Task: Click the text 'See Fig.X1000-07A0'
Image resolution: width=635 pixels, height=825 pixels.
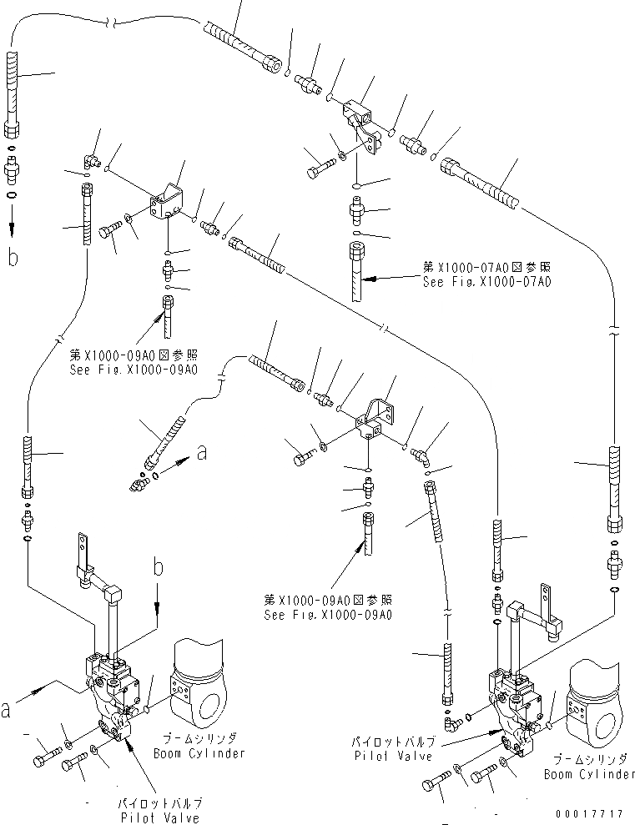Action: pyautogui.click(x=487, y=281)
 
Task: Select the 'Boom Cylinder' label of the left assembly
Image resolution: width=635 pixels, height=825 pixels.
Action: pyautogui.click(x=199, y=753)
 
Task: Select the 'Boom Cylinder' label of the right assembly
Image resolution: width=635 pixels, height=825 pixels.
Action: pyautogui.click(x=589, y=774)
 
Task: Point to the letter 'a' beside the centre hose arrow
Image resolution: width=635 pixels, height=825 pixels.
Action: pyautogui.click(x=201, y=451)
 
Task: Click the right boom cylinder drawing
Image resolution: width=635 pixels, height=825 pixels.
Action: pyautogui.click(x=594, y=703)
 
